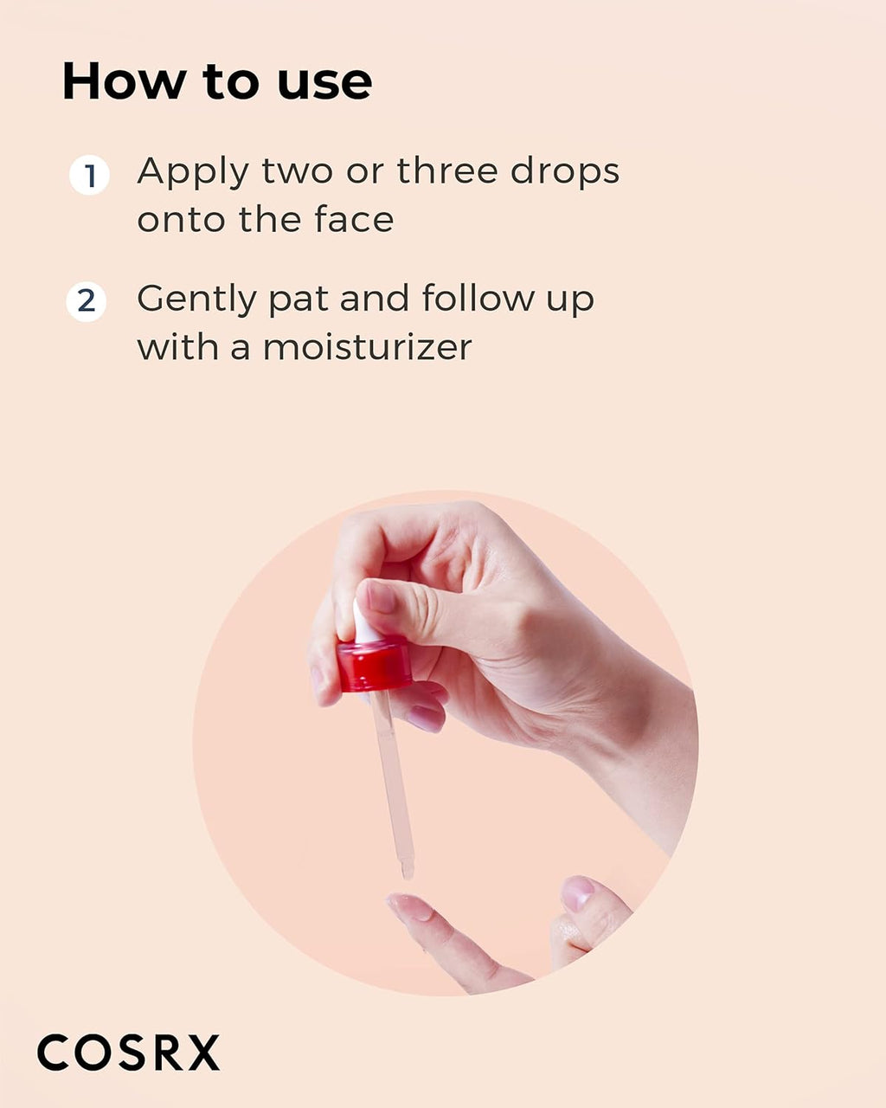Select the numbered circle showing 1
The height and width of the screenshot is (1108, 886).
pyautogui.click(x=89, y=176)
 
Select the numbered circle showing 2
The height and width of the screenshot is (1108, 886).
pyautogui.click(x=87, y=302)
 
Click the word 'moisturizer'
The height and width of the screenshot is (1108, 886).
pyautogui.click(x=368, y=347)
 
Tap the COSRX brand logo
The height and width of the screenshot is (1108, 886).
pyautogui.click(x=129, y=1053)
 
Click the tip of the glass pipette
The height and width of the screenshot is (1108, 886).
pyautogui.click(x=407, y=868)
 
